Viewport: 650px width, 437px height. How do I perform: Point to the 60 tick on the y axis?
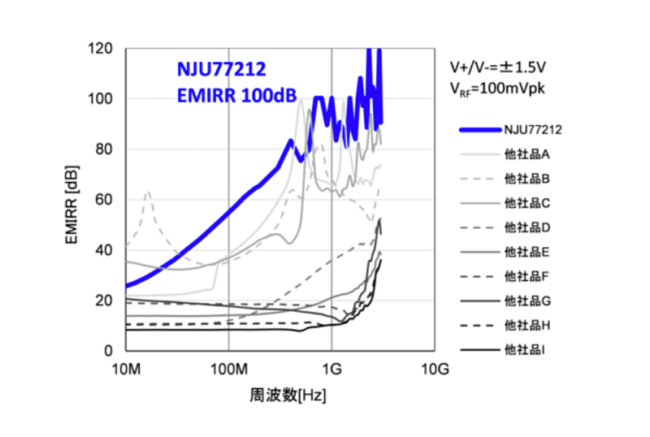pyautogui.click(x=104, y=200)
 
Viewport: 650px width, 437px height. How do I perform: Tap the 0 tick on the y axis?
pyautogui.click(x=107, y=351)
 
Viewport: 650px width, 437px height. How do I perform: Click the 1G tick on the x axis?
pyautogui.click(x=331, y=370)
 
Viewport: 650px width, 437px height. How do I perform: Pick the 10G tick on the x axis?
pyautogui.click(x=435, y=370)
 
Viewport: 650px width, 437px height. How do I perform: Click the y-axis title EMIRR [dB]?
pyautogui.click(x=71, y=200)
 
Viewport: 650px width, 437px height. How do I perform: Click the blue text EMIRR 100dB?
pyautogui.click(x=225, y=95)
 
